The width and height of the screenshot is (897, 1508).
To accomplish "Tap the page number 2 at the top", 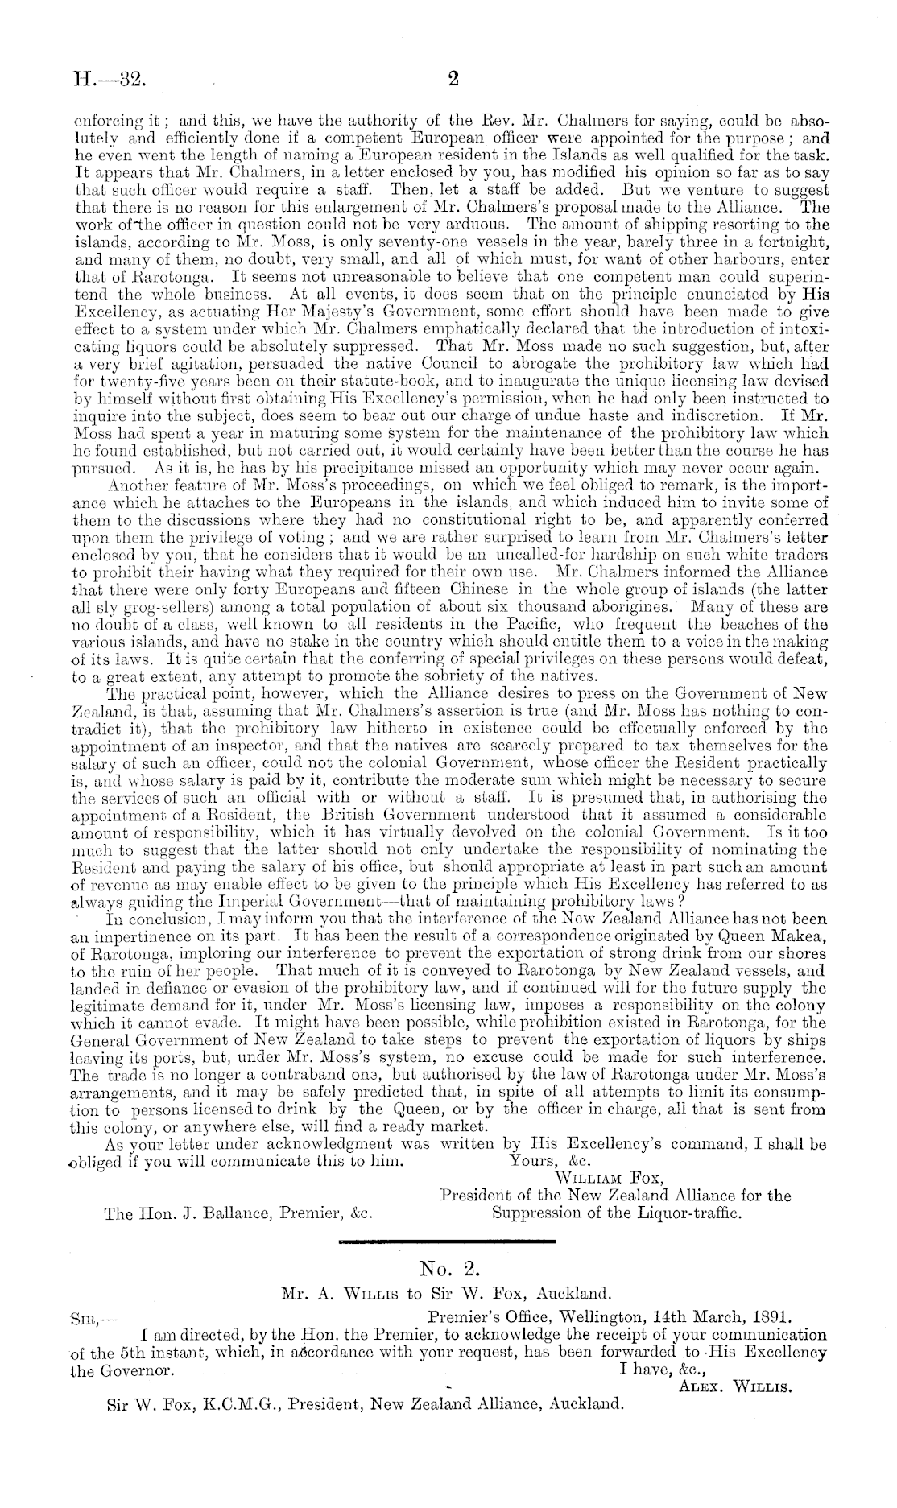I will point(452,78).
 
